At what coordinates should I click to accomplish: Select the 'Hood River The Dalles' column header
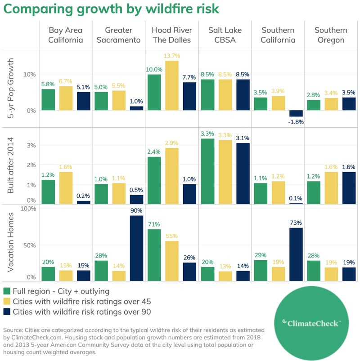(172, 35)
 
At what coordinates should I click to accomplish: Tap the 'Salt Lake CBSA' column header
(225, 35)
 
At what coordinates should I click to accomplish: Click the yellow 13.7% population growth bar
(172, 85)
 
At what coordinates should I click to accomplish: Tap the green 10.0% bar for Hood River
(154, 92)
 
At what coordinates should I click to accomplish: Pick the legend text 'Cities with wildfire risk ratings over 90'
(81, 312)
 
